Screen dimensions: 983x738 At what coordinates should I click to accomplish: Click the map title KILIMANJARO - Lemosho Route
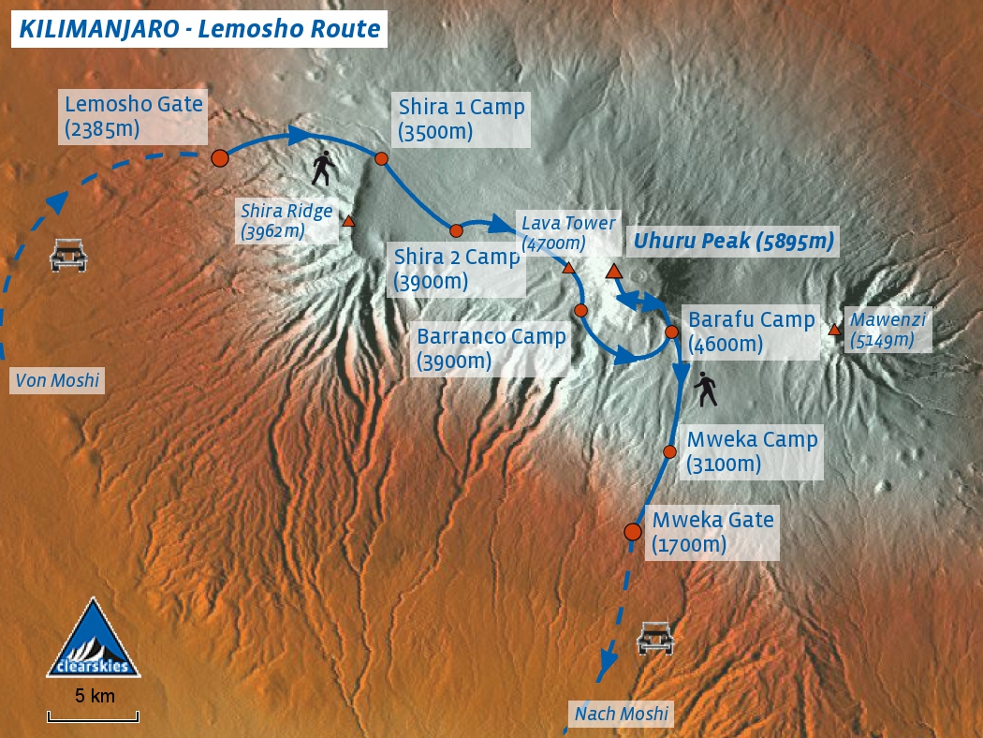(199, 29)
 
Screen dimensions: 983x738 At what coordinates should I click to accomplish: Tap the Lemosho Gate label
(134, 116)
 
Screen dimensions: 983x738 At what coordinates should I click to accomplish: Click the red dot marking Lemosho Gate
(220, 158)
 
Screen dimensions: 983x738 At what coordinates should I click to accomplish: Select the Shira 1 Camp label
(462, 119)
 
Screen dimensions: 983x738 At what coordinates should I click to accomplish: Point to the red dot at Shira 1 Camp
(382, 158)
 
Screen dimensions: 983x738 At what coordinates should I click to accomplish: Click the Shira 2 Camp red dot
(456, 230)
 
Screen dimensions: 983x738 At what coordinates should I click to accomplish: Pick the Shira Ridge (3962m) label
(286, 221)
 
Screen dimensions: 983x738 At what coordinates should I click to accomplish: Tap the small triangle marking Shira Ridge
(348, 222)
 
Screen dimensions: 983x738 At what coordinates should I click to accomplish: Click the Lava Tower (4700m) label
(568, 233)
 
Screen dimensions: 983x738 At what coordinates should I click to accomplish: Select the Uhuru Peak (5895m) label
(733, 242)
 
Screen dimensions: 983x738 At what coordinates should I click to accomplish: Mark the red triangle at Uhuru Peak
(614, 272)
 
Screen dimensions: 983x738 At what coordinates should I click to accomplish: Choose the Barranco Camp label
(491, 348)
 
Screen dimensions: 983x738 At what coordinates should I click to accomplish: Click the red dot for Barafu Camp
(671, 332)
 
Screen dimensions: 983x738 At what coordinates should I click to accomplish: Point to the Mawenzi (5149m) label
(888, 330)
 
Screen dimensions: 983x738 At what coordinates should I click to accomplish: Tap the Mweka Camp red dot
(669, 451)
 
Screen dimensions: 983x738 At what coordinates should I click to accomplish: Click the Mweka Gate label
(712, 532)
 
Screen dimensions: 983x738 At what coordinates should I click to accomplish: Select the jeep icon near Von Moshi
(68, 255)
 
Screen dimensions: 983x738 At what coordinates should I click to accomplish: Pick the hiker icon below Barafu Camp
(706, 389)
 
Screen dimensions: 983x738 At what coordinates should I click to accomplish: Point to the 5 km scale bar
(94, 716)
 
